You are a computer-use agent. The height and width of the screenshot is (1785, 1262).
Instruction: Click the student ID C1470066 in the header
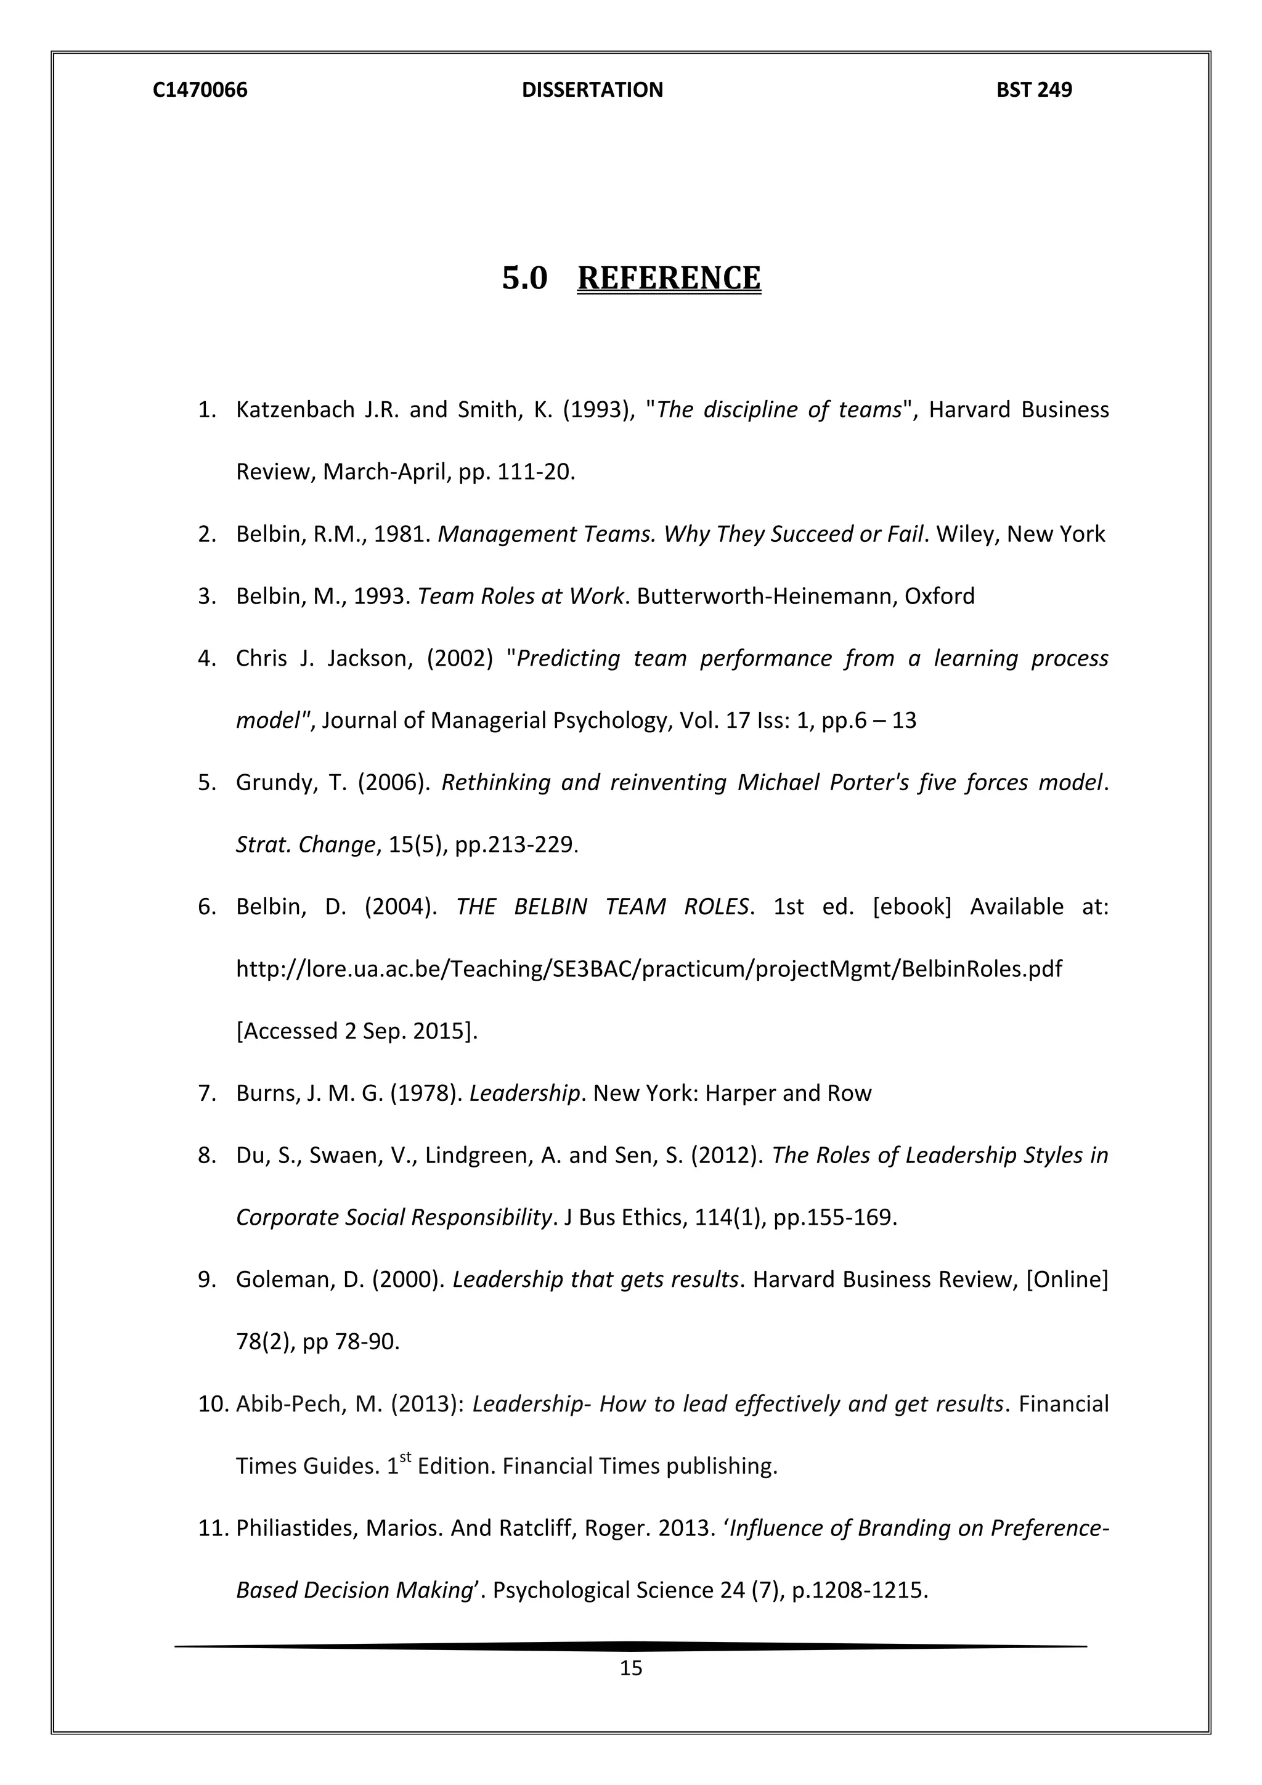200,90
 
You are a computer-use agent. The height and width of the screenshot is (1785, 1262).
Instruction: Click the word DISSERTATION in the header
592,90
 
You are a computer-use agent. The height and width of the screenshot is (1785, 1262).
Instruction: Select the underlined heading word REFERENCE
669,279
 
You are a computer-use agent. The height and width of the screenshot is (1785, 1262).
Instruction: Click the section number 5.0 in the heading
524,279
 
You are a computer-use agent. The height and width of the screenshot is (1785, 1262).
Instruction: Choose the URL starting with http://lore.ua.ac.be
649,969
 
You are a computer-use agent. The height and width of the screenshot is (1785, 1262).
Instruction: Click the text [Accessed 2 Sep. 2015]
357,1031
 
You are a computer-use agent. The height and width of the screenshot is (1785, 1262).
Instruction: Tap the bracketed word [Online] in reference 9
1067,1280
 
